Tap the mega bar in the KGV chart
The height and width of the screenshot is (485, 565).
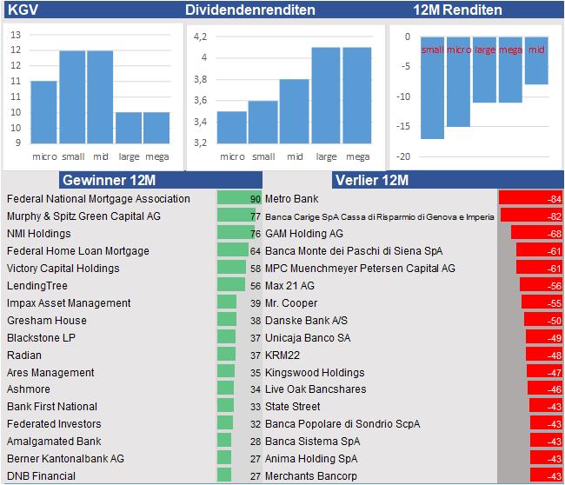156,127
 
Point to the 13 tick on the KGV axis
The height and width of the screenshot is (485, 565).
16,35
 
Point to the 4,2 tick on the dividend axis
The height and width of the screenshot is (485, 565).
201,37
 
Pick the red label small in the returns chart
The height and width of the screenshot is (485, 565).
432,50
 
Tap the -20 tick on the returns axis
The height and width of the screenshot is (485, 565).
403,156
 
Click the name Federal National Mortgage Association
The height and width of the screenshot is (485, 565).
98,199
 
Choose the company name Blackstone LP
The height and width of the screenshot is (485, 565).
41,337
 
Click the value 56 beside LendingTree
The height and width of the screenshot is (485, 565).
255,286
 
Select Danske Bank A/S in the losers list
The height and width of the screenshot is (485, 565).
306,320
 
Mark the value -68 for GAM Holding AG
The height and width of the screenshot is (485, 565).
553,234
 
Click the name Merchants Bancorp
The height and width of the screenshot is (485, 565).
310,475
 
